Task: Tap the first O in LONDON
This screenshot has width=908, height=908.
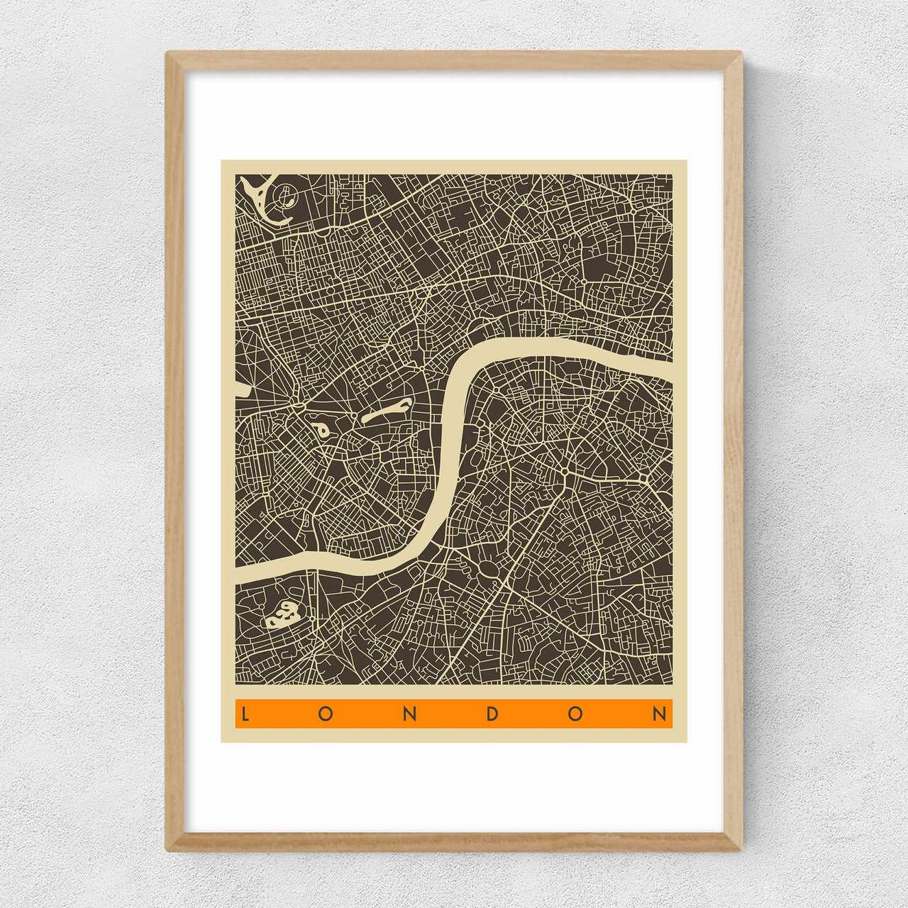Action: [326, 714]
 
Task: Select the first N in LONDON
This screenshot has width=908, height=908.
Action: [409, 714]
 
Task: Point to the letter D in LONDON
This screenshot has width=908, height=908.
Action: [492, 714]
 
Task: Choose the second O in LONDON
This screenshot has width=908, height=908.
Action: [575, 714]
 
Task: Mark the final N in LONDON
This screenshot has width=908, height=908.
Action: [660, 714]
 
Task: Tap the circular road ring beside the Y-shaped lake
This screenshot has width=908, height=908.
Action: [285, 193]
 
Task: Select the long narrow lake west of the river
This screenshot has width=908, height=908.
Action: [387, 411]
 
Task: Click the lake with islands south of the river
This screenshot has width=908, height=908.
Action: [282, 614]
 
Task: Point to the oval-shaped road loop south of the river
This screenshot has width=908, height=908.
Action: [488, 567]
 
